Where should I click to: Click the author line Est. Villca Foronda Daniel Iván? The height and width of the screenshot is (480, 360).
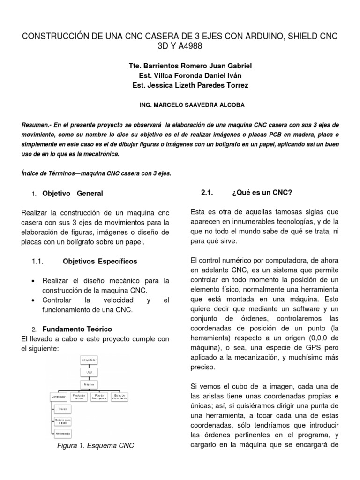pyautogui.click(x=180, y=75)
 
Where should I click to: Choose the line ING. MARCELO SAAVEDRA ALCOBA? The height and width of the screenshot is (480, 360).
pyautogui.click(x=180, y=105)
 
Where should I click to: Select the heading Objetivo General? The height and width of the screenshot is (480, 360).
pyautogui.click(x=73, y=193)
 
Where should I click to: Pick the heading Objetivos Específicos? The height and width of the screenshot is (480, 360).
pyautogui.click(x=100, y=261)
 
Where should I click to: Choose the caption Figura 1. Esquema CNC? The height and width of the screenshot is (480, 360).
pyautogui.click(x=95, y=445)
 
